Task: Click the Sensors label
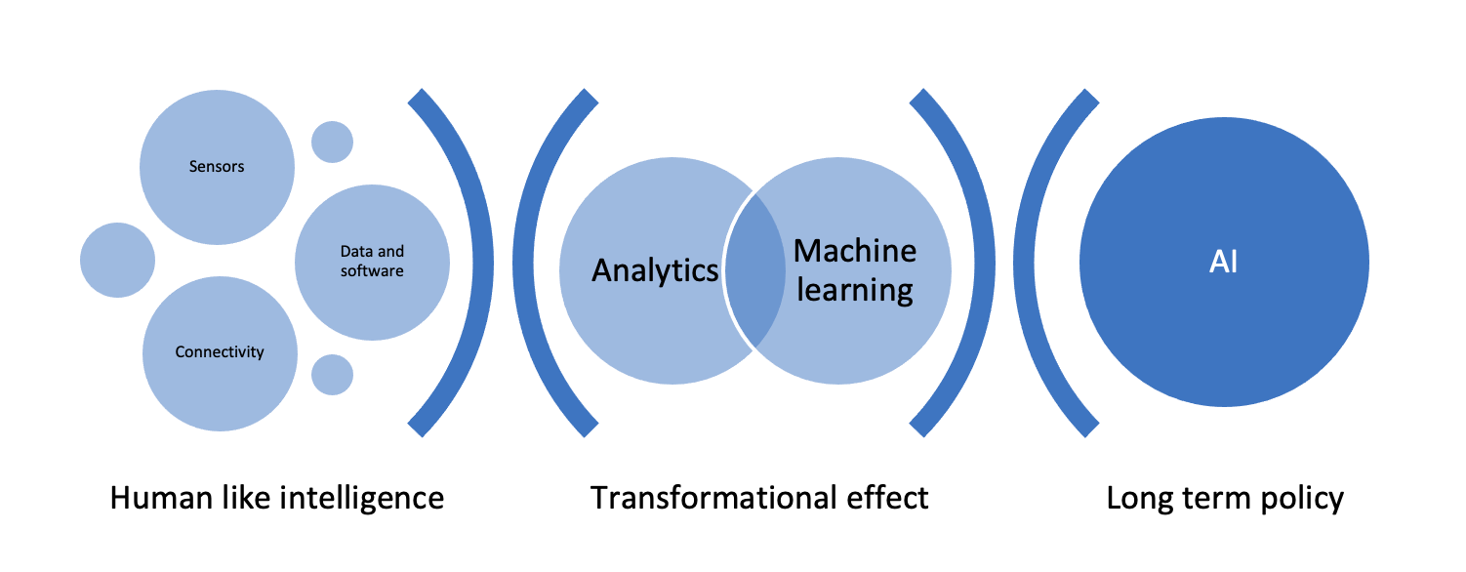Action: (x=217, y=166)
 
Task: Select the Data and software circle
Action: (x=372, y=262)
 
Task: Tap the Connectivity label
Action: (x=220, y=352)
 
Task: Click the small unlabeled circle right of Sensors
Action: (x=332, y=142)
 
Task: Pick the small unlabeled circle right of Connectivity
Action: (x=332, y=375)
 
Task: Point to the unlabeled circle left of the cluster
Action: (x=117, y=260)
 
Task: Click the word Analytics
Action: (x=655, y=270)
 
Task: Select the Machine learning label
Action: (x=855, y=270)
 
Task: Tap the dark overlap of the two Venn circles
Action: (x=754, y=270)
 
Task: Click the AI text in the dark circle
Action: (x=1223, y=262)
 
